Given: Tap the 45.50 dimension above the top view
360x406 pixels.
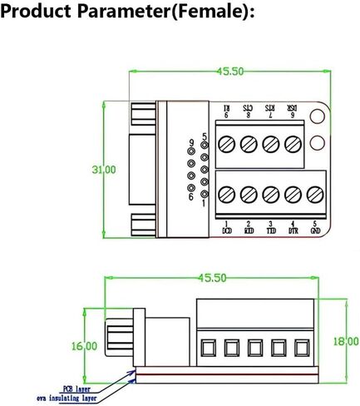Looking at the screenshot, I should click(229, 72).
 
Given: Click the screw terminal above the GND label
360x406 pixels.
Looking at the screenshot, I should click(313, 194).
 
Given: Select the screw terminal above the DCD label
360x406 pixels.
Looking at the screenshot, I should click(227, 194).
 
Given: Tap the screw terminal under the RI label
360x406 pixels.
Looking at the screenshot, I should click(227, 144).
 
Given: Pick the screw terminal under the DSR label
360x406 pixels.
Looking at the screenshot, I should click(292, 144).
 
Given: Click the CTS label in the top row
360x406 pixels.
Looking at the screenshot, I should click(249, 111).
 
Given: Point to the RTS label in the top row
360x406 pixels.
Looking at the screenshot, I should click(270, 111).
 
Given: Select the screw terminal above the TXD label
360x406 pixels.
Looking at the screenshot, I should click(270, 194).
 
